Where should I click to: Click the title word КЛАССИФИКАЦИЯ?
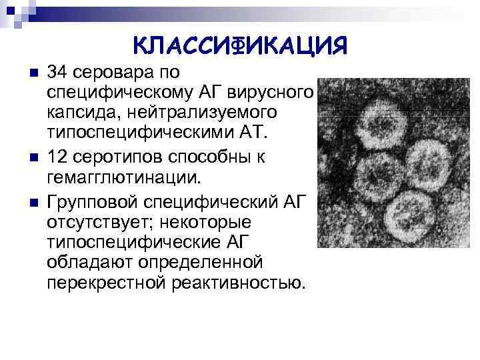point(241,46)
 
